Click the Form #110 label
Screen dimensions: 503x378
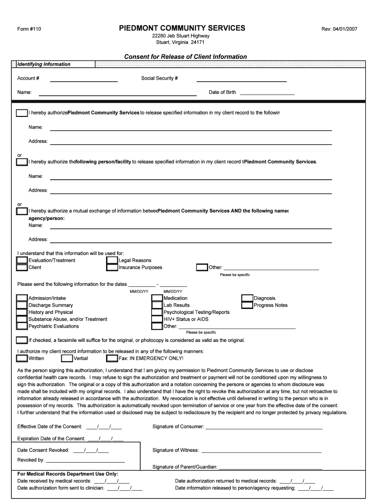click(x=29, y=29)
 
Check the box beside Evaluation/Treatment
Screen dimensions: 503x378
click(x=22, y=260)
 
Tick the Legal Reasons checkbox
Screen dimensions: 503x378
click(x=112, y=260)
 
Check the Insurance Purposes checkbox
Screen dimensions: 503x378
click(x=112, y=268)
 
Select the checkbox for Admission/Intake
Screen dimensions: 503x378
click(x=22, y=298)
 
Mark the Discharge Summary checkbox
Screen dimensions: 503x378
click(x=22, y=305)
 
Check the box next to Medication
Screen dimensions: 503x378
click(x=157, y=298)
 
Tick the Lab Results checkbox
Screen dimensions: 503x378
click(x=157, y=305)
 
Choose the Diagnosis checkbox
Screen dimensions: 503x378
click(x=247, y=298)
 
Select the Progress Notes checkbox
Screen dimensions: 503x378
click(x=247, y=305)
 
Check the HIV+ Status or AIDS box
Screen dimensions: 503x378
click(x=157, y=319)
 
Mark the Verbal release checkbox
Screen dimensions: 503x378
click(x=67, y=358)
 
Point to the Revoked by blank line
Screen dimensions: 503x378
click(x=85, y=461)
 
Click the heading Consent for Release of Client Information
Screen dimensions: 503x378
click(x=186, y=56)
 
